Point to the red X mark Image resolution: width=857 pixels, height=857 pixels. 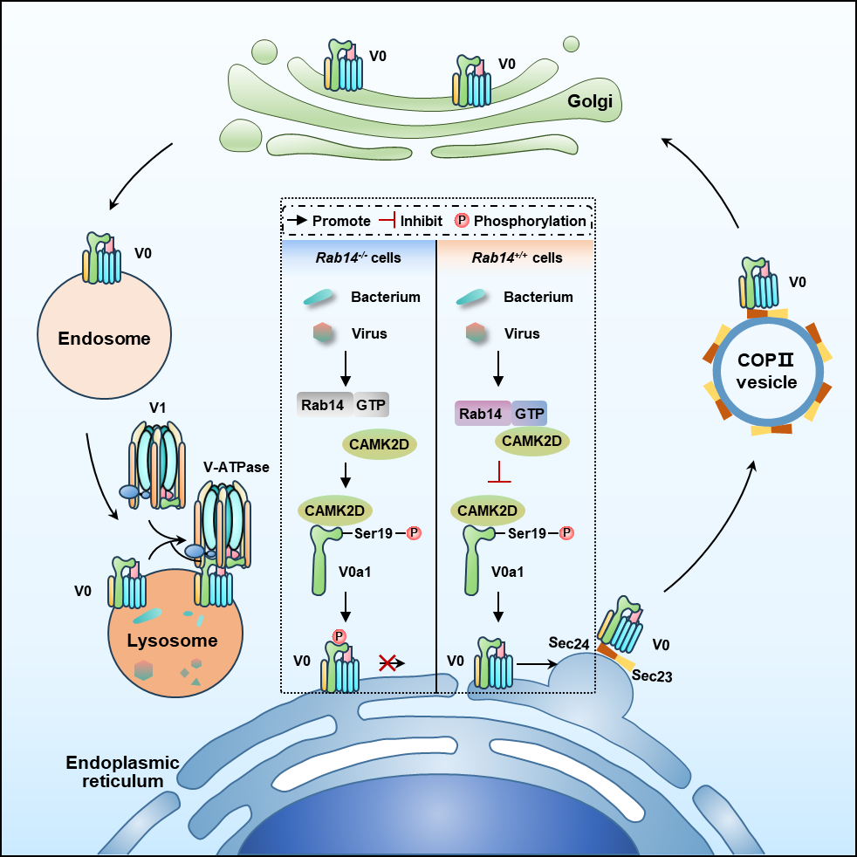[388, 663]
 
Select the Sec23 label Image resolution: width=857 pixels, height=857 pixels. [652, 675]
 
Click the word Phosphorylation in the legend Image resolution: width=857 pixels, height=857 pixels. [530, 221]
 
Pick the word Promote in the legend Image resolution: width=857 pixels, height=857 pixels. [341, 221]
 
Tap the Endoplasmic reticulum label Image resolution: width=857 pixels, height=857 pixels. [123, 772]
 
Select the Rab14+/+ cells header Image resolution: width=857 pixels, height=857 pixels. [514, 258]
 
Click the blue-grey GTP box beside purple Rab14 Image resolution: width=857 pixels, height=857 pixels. [529, 414]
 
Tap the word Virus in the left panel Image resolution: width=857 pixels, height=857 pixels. [369, 333]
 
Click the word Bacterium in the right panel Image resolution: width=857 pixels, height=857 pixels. [538, 297]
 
